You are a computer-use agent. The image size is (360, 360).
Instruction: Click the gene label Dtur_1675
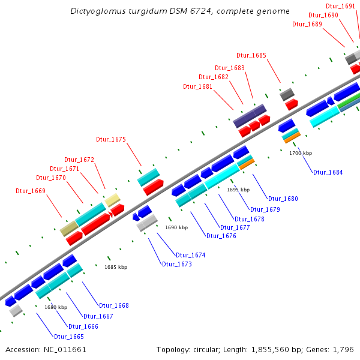coord(111,139)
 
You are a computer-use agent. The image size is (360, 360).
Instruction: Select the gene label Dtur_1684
coord(328,173)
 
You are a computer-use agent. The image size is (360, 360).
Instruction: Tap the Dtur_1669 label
coord(31,191)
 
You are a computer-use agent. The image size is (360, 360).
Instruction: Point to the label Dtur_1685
coord(251,55)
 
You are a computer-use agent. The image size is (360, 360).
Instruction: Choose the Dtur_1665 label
coord(69,337)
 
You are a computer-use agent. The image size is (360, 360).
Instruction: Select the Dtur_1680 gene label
coord(283,199)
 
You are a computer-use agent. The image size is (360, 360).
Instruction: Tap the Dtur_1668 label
coord(114,305)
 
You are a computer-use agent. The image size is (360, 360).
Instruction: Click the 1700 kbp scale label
coord(301,154)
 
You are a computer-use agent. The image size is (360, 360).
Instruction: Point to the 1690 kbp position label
coord(176,228)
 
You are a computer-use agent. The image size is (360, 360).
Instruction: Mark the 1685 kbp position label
coord(116,267)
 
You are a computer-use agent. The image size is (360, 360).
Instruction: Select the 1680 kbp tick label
coord(55,307)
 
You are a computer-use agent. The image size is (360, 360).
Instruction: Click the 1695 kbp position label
coord(238,190)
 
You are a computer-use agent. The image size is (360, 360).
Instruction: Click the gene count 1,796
coord(345,349)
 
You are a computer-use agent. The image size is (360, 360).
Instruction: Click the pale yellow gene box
coord(113,200)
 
